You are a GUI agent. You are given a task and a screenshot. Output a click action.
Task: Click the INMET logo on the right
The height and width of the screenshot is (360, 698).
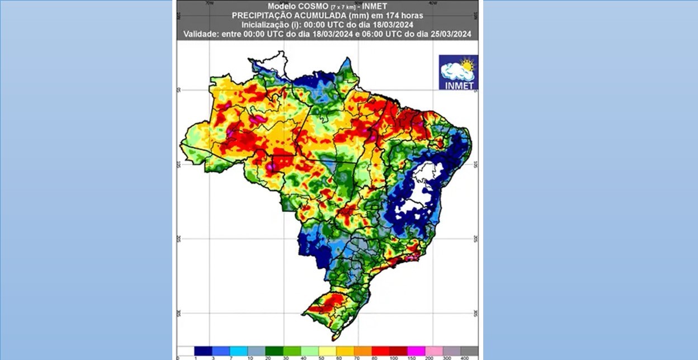tap(458, 72)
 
